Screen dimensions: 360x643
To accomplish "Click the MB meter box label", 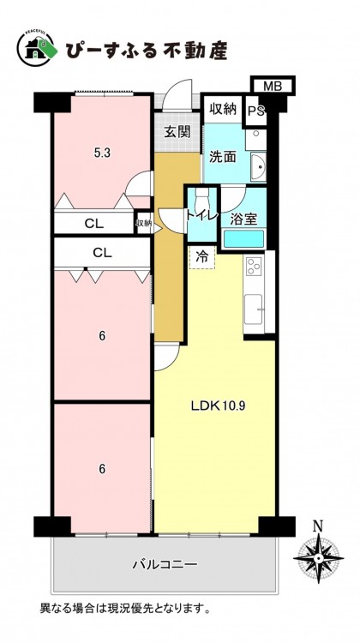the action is pyautogui.click(x=273, y=86).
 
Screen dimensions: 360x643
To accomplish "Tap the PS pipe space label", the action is pyautogui.click(x=255, y=111).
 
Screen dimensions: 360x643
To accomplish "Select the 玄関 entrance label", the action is pyautogui.click(x=177, y=132).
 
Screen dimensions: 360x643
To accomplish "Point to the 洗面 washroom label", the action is pyautogui.click(x=223, y=157).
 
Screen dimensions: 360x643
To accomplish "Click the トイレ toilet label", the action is pyautogui.click(x=202, y=214).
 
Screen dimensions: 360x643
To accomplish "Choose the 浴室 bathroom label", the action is pyautogui.click(x=243, y=219).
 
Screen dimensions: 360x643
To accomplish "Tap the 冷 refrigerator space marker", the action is pyautogui.click(x=202, y=257).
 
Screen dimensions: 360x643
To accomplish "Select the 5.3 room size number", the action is pyautogui.click(x=102, y=153).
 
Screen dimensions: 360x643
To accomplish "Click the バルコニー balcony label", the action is pyautogui.click(x=165, y=565).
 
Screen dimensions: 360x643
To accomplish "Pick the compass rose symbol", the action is pyautogui.click(x=318, y=558).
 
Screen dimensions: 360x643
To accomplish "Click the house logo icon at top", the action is pyautogui.click(x=37, y=48).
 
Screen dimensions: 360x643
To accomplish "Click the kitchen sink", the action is pyautogui.click(x=254, y=309).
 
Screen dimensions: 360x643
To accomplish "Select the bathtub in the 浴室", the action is pyautogui.click(x=243, y=239).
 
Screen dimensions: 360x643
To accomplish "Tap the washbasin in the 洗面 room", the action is pyautogui.click(x=258, y=166).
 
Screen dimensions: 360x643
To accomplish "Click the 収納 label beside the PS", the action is pyautogui.click(x=223, y=109).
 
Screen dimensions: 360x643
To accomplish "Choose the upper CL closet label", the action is pyautogui.click(x=94, y=224).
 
